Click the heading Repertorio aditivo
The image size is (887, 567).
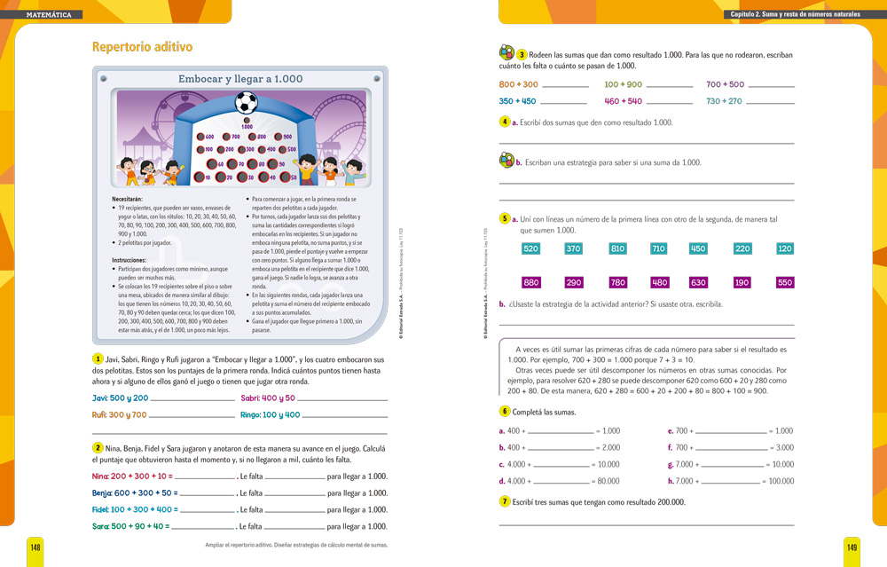(143, 47)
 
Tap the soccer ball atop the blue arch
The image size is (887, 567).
(247, 104)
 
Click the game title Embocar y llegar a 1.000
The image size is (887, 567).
(240, 79)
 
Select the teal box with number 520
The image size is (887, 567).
(531, 248)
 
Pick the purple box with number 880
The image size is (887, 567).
(531, 282)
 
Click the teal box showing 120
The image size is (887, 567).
(784, 248)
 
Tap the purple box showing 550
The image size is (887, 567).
(784, 282)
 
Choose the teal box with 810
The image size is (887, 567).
(617, 248)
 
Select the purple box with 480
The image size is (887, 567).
(659, 282)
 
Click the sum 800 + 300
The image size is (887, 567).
(519, 84)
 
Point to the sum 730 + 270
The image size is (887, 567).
(724, 101)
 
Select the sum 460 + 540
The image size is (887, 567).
(623, 101)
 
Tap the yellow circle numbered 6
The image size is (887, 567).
(505, 411)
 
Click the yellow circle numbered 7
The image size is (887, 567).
(505, 501)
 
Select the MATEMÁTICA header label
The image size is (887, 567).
(50, 15)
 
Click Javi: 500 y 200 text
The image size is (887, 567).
(120, 398)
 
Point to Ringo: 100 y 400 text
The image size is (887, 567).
(270, 414)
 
